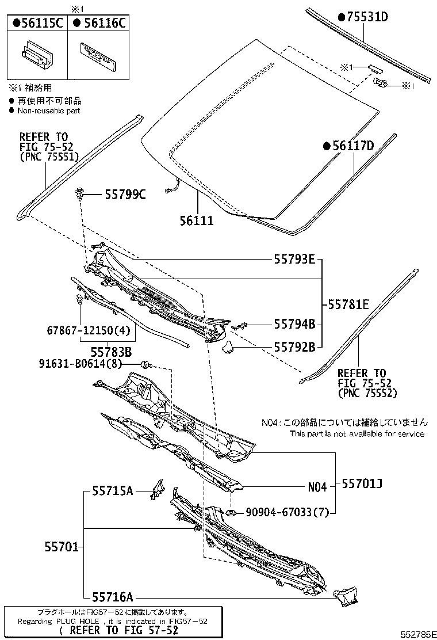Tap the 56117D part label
(348, 146)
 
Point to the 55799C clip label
(125, 195)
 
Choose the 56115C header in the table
(37, 22)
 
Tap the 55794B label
(293, 325)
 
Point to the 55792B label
(293, 347)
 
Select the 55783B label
(112, 351)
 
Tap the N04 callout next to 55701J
(317, 487)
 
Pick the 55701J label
(362, 484)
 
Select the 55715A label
(113, 491)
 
